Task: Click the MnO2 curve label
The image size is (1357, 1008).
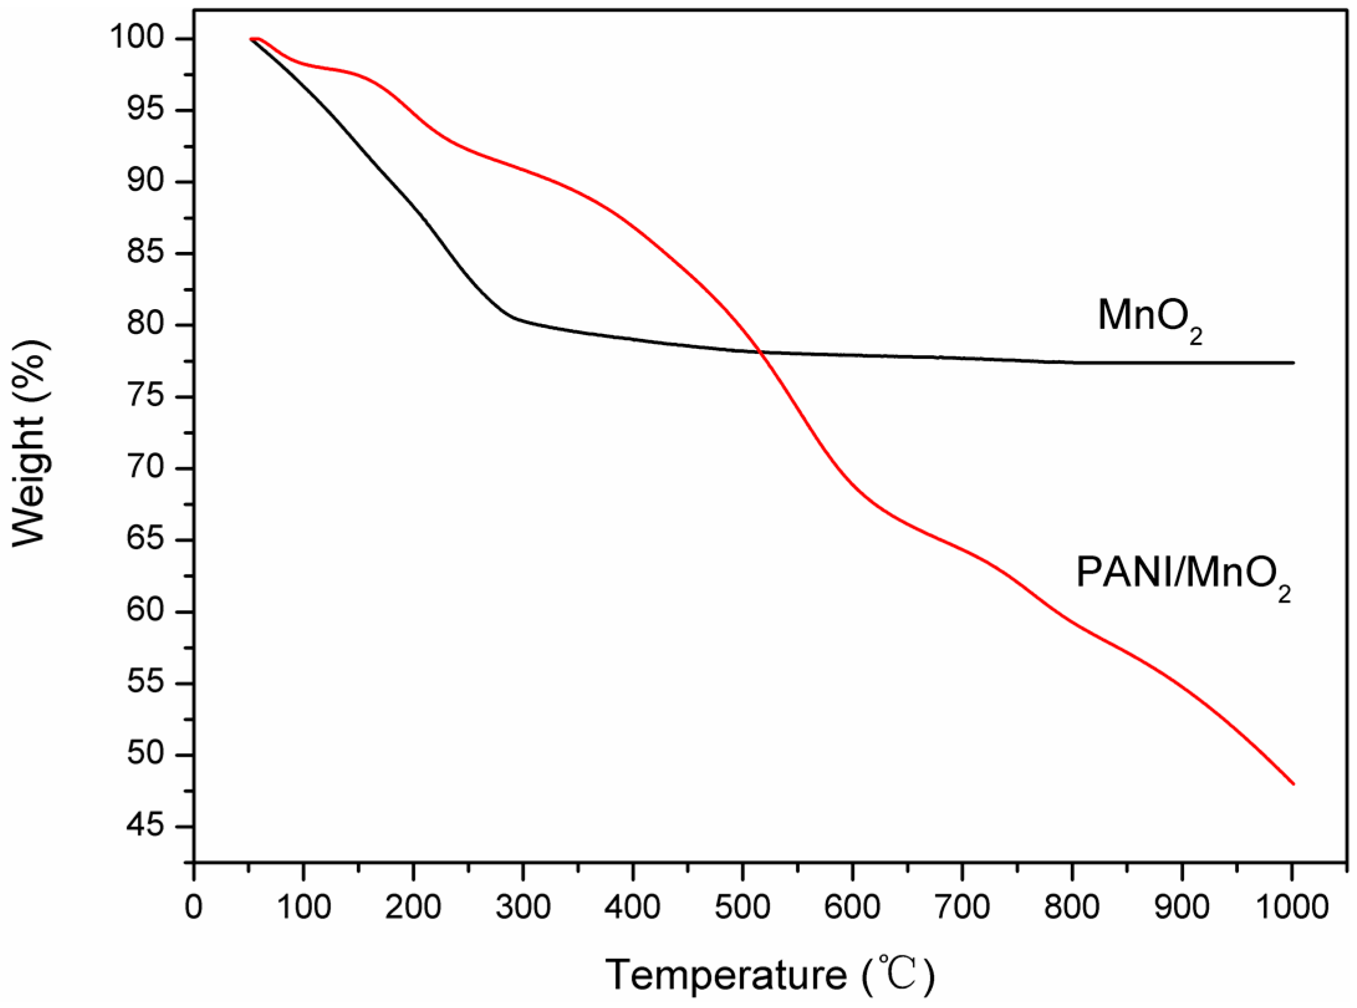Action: coord(1149,318)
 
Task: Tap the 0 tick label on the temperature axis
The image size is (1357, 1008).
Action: coord(193,907)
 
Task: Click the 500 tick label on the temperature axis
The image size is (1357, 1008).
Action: coord(742,907)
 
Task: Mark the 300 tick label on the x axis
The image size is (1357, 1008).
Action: coord(523,907)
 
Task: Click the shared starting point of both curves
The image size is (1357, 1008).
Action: coord(251,39)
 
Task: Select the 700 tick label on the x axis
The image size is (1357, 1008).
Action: coord(962,907)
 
